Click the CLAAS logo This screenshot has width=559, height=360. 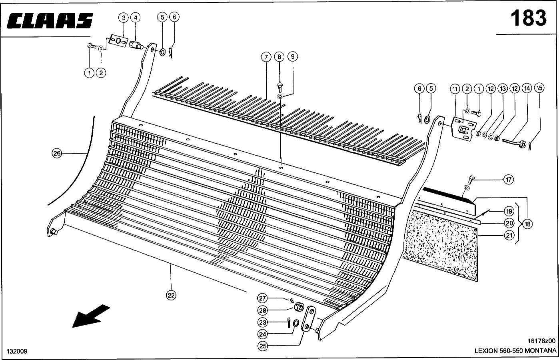[50, 20]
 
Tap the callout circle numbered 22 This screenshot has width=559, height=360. [171, 295]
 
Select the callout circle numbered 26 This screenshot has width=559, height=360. [57, 153]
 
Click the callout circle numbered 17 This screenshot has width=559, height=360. [508, 180]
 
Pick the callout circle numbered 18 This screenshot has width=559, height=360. [527, 224]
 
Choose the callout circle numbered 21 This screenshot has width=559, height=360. [509, 236]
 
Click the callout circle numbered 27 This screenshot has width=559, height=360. [262, 298]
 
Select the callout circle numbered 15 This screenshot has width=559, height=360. [539, 88]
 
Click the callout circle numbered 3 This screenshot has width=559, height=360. [124, 18]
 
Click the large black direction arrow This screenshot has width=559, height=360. [91, 315]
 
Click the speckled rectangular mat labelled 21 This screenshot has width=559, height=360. [440, 244]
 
